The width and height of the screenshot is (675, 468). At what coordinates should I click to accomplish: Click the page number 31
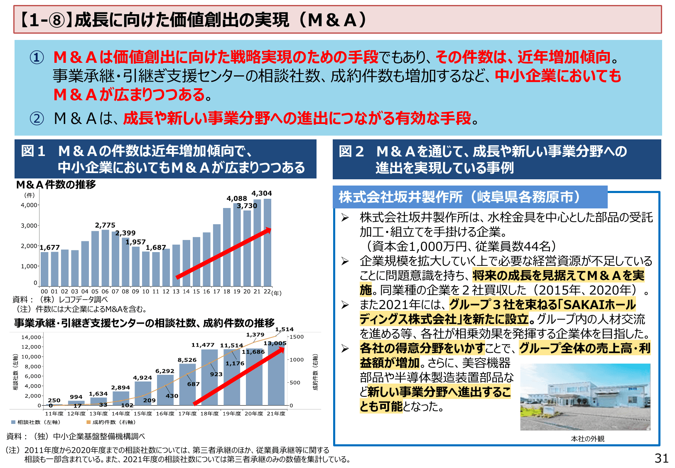[661, 458]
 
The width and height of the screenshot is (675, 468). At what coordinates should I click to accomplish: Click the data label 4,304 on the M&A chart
[261, 193]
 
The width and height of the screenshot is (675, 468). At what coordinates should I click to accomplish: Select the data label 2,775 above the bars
[105, 225]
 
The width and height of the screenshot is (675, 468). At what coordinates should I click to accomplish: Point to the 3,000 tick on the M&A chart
[29, 225]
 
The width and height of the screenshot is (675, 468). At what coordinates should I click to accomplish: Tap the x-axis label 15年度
[143, 414]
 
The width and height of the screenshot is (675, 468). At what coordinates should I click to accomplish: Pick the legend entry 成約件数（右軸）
[111, 422]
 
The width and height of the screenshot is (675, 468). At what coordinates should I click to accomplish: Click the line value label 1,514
[284, 329]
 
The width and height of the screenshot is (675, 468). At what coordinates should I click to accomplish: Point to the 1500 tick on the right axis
[297, 337]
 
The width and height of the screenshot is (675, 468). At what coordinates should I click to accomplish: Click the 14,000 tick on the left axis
[31, 337]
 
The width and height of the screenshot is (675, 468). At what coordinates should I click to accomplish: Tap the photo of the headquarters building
[585, 397]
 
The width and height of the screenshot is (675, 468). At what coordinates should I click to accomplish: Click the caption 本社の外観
[587, 438]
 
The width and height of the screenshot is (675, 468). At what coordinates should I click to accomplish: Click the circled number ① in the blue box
[37, 57]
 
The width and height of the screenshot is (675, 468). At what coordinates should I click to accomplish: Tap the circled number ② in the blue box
[37, 119]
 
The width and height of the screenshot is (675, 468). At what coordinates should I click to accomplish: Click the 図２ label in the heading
[351, 151]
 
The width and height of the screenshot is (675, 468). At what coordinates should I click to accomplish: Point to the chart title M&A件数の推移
[56, 184]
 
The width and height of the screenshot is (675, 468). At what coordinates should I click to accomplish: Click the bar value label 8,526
[187, 360]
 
